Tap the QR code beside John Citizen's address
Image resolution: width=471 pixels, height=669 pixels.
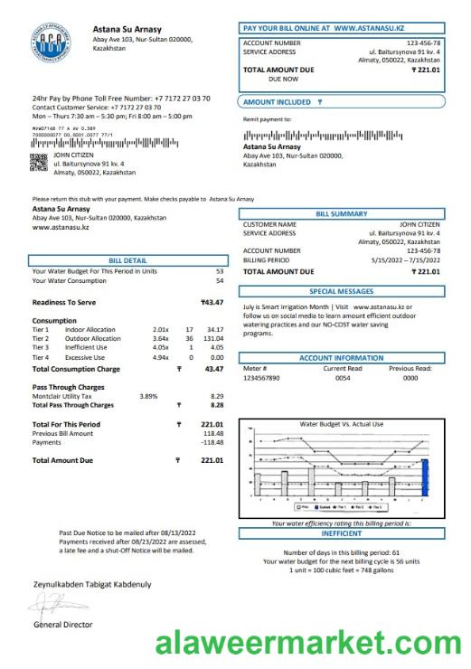point(39,162)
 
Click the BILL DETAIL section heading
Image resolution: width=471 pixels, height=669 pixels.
point(127,259)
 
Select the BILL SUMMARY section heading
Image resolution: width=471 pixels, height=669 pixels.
point(341,213)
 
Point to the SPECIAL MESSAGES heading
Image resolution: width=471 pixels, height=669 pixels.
point(341,292)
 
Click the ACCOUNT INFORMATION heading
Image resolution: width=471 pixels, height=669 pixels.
point(341,358)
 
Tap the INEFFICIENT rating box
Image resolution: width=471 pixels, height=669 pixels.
point(341,533)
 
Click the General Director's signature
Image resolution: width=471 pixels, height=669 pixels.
point(55,605)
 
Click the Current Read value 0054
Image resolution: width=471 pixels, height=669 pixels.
point(343,378)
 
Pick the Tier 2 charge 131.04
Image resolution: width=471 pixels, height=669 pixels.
point(213,338)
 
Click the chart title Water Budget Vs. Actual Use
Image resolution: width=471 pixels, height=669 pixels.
point(341,423)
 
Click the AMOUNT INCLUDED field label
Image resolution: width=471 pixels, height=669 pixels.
point(282,103)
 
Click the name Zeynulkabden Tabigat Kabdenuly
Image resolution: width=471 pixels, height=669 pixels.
point(92,584)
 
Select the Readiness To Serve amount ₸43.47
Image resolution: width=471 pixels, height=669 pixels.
point(212,302)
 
